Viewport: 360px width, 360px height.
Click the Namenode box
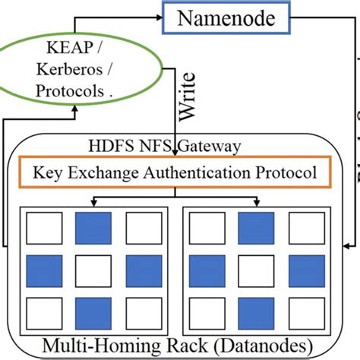coord(226,17)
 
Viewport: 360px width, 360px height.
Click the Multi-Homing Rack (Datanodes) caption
coord(179,344)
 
